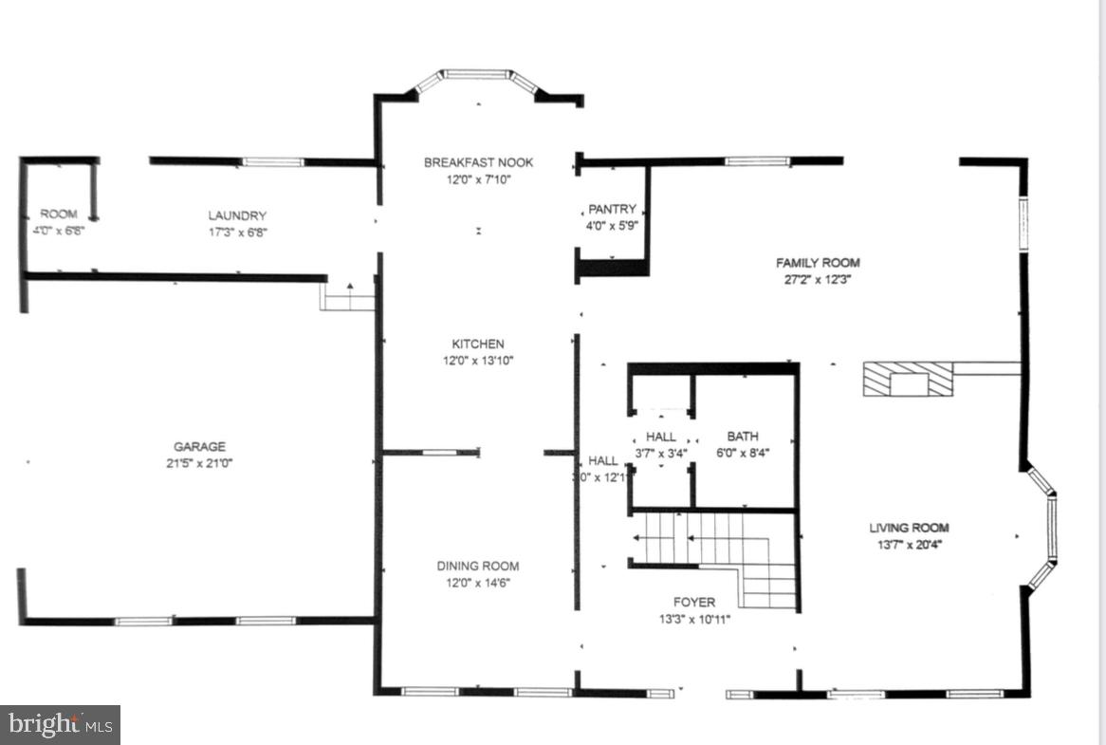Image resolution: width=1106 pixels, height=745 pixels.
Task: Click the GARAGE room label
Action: (199, 446)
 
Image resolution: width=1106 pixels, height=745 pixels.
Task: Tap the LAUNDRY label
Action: (237, 215)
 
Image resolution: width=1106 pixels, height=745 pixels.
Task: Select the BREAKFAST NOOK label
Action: (478, 162)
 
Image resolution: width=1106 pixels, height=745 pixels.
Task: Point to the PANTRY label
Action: (612, 209)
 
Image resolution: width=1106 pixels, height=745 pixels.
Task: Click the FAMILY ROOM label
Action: (818, 263)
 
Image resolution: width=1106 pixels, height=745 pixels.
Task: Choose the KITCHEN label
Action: (478, 344)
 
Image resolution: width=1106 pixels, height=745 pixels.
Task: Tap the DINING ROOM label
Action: (478, 566)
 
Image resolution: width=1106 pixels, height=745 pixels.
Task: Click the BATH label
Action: (742, 437)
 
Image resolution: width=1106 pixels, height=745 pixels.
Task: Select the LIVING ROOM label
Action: (909, 528)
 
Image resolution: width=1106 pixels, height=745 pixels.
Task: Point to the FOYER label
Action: (694, 602)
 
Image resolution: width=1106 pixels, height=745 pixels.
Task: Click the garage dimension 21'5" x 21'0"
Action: (199, 463)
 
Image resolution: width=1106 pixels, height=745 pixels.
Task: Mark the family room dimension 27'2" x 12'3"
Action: (818, 280)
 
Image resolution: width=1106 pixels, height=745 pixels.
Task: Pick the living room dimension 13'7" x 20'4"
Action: (909, 545)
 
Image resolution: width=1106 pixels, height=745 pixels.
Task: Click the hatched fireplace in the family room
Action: (907, 379)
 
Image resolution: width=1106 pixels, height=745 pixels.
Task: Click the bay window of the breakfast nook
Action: (478, 77)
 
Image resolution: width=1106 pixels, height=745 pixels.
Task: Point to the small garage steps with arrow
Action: (349, 297)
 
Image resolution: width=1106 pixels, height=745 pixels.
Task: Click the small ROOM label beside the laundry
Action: (59, 214)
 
